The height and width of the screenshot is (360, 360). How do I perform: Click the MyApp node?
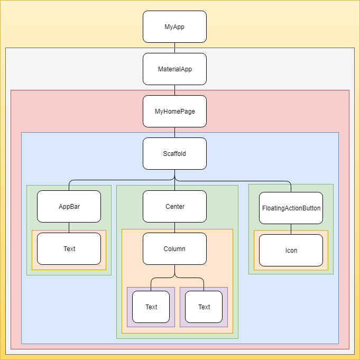tap(174, 26)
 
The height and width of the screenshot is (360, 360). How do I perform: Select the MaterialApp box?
tap(174, 69)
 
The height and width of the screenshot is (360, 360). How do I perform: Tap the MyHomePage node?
tap(174, 111)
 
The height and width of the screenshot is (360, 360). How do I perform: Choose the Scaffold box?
tap(174, 153)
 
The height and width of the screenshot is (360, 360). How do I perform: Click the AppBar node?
tap(69, 206)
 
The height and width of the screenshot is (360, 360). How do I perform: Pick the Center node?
tap(174, 206)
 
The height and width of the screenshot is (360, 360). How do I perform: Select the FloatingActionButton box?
tap(291, 208)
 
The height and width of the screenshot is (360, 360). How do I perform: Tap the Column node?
tap(174, 248)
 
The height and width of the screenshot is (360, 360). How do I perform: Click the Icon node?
tap(291, 250)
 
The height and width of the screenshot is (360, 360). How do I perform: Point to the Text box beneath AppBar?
tap(69, 248)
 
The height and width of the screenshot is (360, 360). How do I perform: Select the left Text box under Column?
tap(151, 307)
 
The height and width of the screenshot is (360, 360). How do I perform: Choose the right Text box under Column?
tap(204, 307)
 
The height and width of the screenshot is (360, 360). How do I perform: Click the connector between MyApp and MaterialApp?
tap(174, 48)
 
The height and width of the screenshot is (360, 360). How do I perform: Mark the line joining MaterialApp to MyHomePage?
tap(174, 90)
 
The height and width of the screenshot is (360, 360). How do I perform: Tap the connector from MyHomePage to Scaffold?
tap(174, 132)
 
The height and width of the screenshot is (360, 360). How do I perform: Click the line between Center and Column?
tap(174, 227)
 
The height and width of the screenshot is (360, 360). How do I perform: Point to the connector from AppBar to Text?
tap(69, 227)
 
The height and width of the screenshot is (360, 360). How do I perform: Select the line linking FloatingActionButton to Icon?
tap(291, 229)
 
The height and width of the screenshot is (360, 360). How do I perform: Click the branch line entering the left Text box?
tap(151, 284)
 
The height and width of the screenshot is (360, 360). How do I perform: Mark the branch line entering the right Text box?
tap(204, 284)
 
